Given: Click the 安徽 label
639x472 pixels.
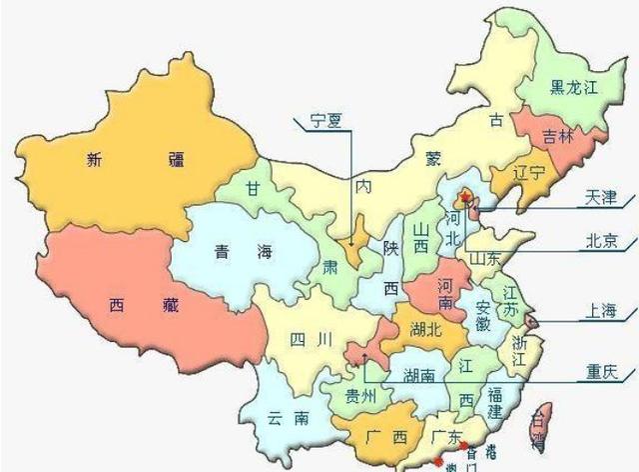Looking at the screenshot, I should coord(482,313).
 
